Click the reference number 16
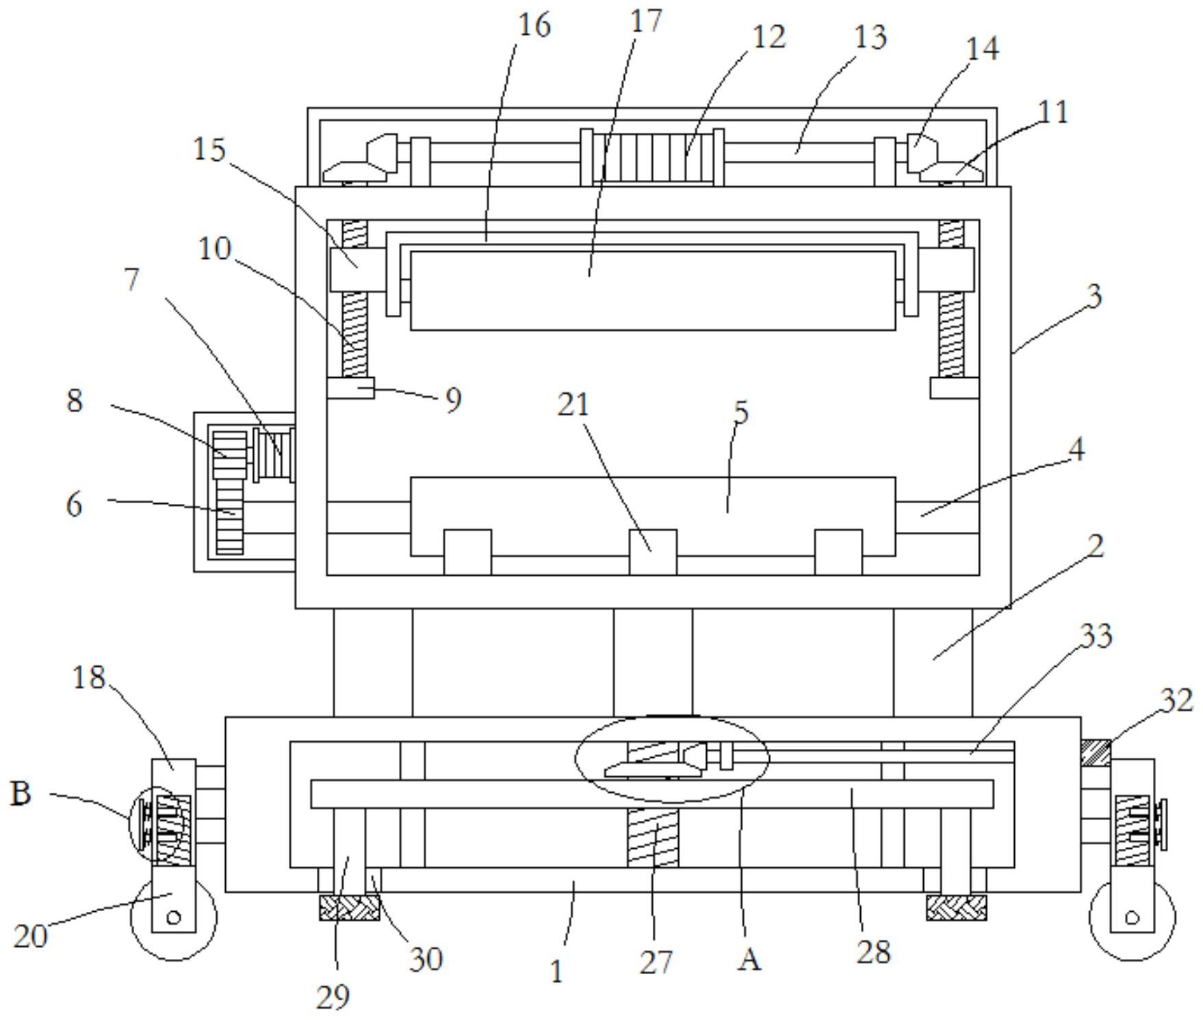pos(534,25)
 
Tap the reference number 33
pos(1096,637)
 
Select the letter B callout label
pos(21,793)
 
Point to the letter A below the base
pos(749,960)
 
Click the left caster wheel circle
pos(173,917)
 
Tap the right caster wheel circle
pos(1132,917)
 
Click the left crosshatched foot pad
pos(349,908)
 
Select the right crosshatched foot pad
pos(956,908)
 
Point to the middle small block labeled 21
pos(653,552)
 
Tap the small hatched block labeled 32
pos(1096,753)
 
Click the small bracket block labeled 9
pos(350,387)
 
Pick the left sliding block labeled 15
pos(358,270)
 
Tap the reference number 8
pos(75,400)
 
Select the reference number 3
pos(1094,296)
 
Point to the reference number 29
pos(333,997)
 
